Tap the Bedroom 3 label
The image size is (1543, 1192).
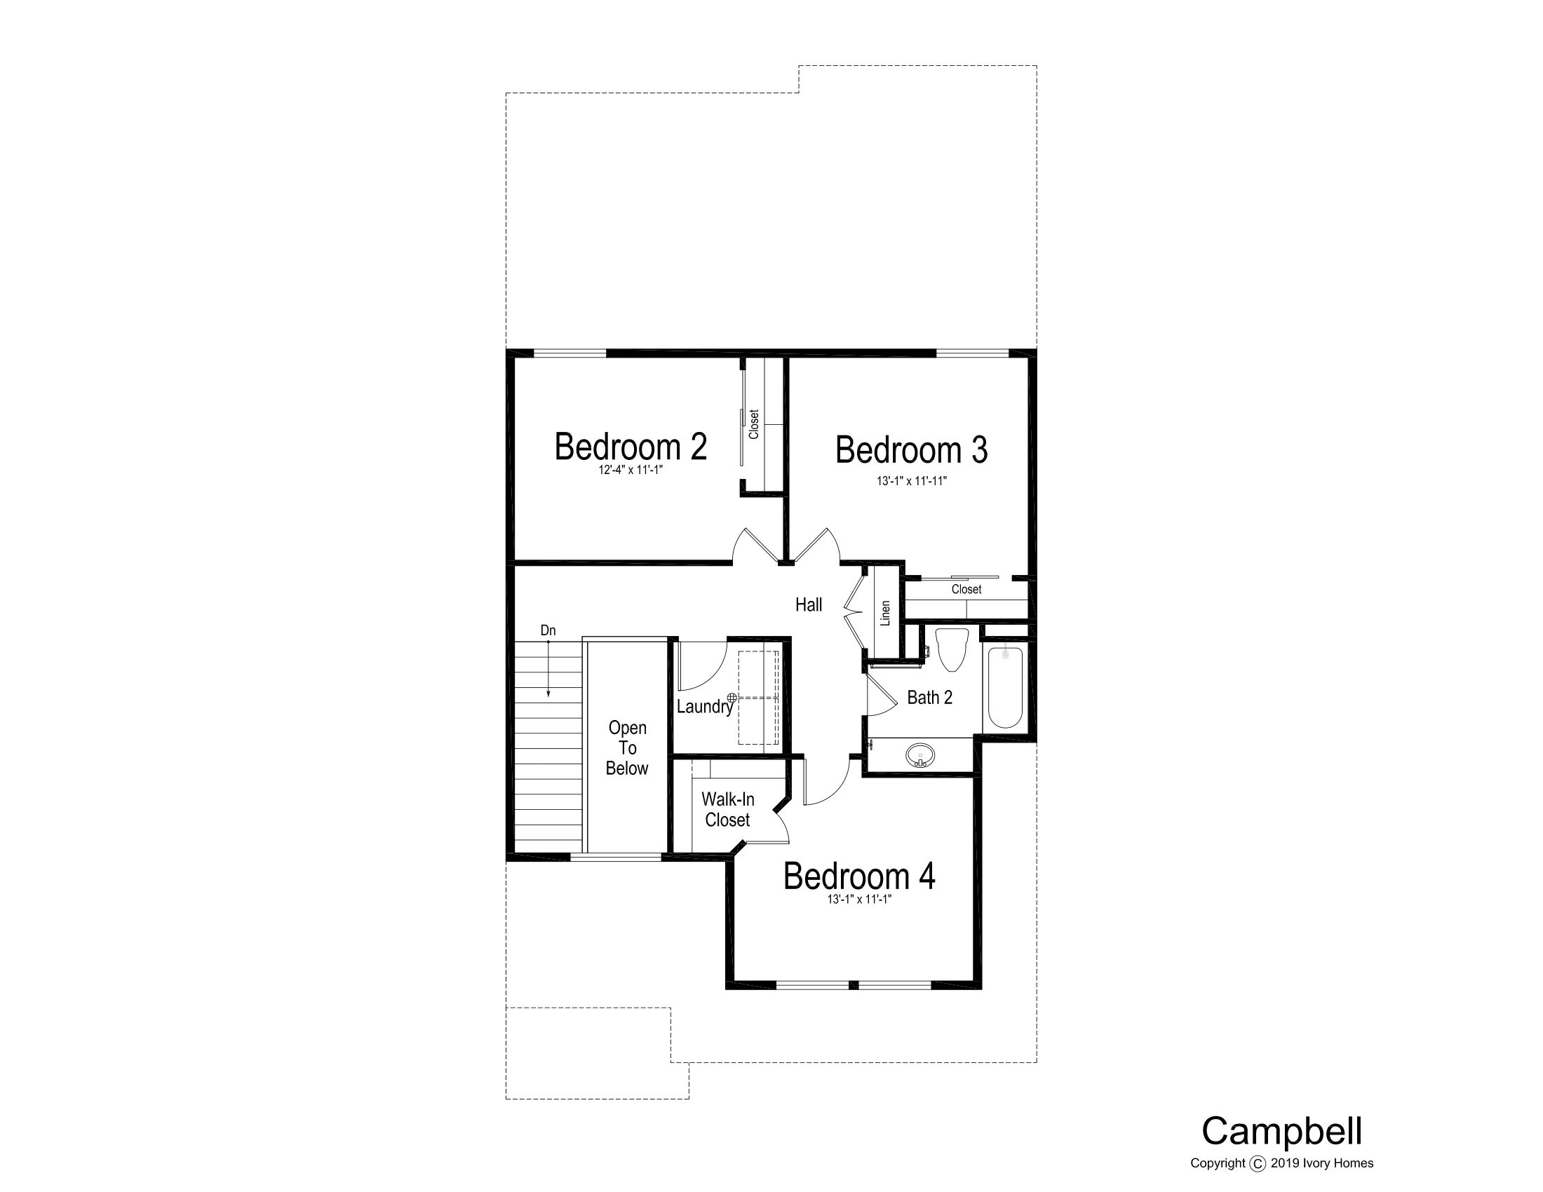[x=911, y=450]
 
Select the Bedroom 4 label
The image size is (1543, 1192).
[x=859, y=876]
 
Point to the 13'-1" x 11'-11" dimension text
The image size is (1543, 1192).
[x=911, y=481]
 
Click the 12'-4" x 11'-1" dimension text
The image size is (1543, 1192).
[x=631, y=470]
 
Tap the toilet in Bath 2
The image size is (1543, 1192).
[x=952, y=649]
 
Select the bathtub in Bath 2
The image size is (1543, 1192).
[x=1004, y=688]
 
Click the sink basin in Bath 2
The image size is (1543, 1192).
[x=920, y=756]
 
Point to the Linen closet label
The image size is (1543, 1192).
[x=885, y=613]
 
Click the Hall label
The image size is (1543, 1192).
[x=809, y=604]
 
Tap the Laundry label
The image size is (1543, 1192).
[x=704, y=707]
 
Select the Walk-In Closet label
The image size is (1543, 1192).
[x=728, y=809]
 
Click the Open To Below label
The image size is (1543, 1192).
[x=628, y=748]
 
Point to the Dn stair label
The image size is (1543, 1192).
[x=548, y=630]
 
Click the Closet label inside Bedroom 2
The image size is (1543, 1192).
[x=754, y=424]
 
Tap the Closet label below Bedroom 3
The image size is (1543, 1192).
[x=966, y=589]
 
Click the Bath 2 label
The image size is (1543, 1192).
[x=930, y=698]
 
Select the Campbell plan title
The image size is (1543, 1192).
[x=1282, y=1131]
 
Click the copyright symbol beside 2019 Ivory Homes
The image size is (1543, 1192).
[x=1258, y=1164]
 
